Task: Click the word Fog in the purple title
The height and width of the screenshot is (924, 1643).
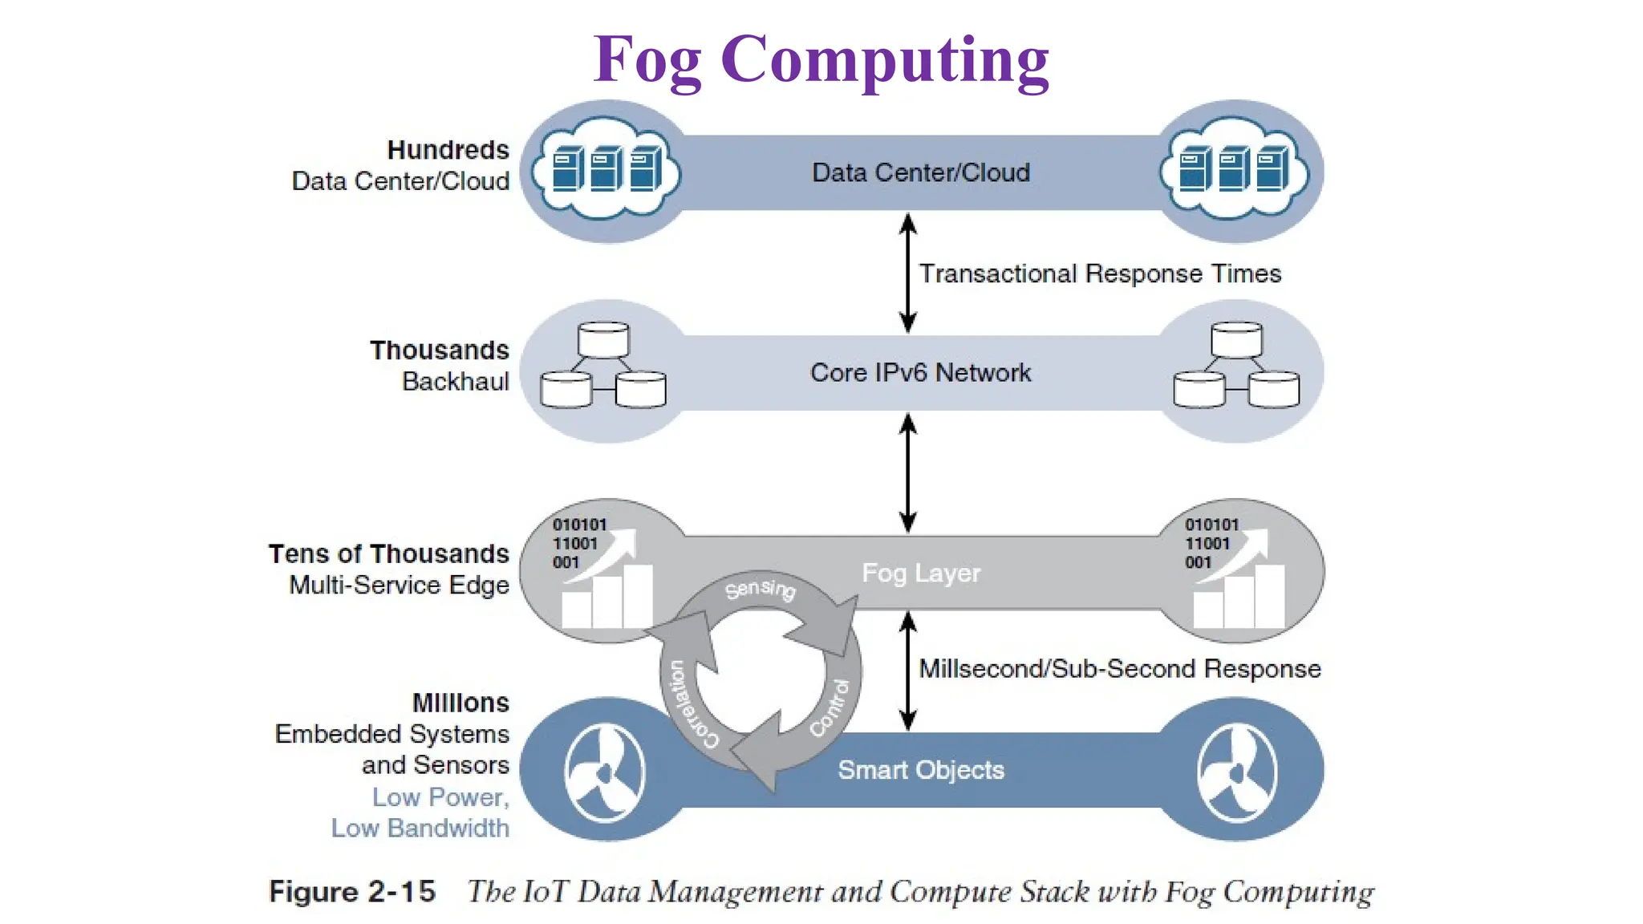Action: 647,61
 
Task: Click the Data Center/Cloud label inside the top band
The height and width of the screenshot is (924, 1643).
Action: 920,172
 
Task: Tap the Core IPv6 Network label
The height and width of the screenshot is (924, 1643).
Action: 920,373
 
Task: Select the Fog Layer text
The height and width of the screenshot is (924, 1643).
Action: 920,573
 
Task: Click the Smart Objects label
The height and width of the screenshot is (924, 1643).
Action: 920,770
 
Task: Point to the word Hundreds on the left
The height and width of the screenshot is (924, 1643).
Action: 448,150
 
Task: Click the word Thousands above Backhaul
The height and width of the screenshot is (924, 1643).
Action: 439,351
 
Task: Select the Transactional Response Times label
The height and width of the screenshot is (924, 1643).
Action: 1099,274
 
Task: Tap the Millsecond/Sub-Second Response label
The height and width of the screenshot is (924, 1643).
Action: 1119,669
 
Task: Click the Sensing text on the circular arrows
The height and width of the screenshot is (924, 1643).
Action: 760,590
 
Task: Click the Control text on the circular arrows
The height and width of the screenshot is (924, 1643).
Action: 830,708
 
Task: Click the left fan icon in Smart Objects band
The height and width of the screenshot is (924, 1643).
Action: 604,772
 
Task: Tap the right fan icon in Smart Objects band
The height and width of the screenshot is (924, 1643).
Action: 1236,772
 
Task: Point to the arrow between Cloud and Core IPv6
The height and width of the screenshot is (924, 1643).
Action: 907,273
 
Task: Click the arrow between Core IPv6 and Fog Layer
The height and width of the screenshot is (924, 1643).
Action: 907,472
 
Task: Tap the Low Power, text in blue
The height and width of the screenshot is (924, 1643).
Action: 440,797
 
